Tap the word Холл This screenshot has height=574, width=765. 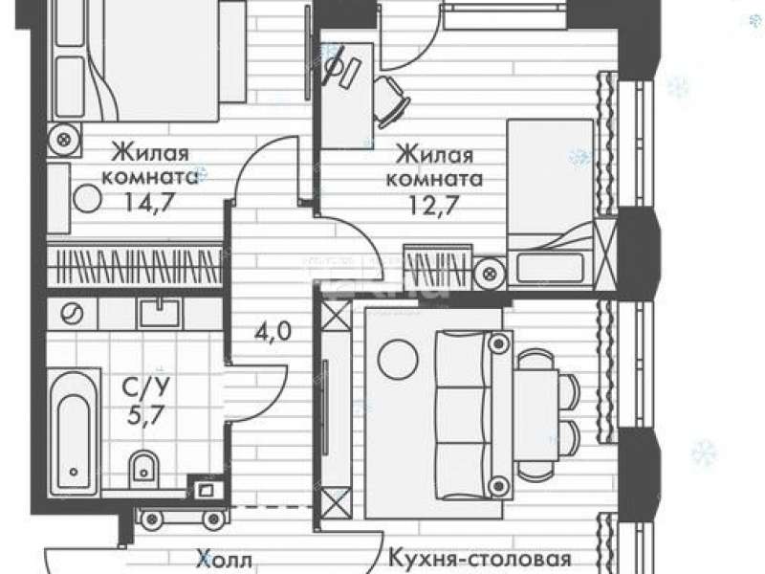coord(225,559)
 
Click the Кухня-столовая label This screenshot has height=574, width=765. coord(480,559)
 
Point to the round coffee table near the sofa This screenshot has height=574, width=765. coord(398,360)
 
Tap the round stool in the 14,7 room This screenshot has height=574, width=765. coord(89,198)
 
